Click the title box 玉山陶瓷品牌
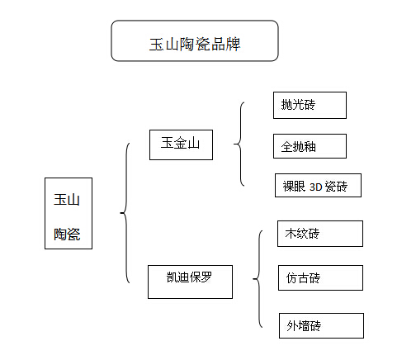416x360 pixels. tap(195, 40)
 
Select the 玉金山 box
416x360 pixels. tap(181, 144)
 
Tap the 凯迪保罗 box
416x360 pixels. tap(190, 282)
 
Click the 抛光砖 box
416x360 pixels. tap(310, 106)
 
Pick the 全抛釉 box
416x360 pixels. tap(310, 146)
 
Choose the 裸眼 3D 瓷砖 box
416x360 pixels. tap(318, 185)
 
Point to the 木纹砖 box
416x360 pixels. tap(320, 234)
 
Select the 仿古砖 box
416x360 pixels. tap(320, 277)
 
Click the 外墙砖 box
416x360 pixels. tap(321, 325)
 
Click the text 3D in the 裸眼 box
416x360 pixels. tap(315, 187)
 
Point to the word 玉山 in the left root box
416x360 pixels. tap(67, 199)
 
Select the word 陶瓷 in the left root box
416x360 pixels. tap(67, 234)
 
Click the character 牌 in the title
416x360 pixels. tap(234, 44)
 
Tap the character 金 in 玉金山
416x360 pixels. tap(180, 143)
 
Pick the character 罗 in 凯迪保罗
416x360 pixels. tap(206, 277)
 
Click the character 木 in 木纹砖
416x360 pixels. tap(291, 234)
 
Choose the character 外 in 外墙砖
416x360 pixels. tap(292, 325)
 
